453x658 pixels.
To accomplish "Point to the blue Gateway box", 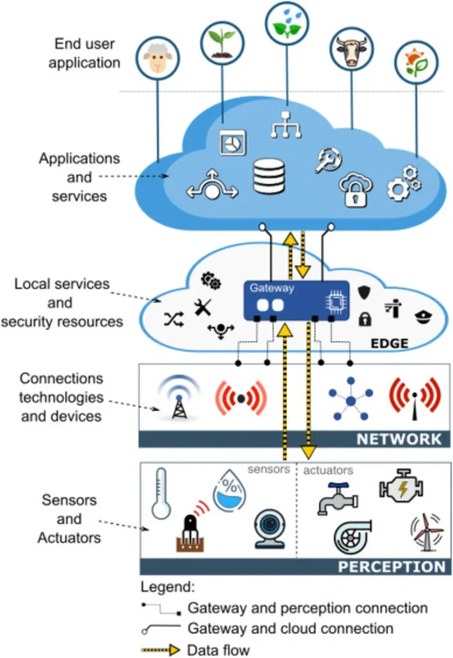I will click(x=296, y=300).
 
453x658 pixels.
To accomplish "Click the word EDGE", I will click(x=389, y=344).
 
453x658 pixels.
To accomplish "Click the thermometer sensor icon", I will click(x=161, y=493).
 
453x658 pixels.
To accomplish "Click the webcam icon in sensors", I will click(x=269, y=529).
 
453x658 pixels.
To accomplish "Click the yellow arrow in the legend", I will click(x=161, y=649).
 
